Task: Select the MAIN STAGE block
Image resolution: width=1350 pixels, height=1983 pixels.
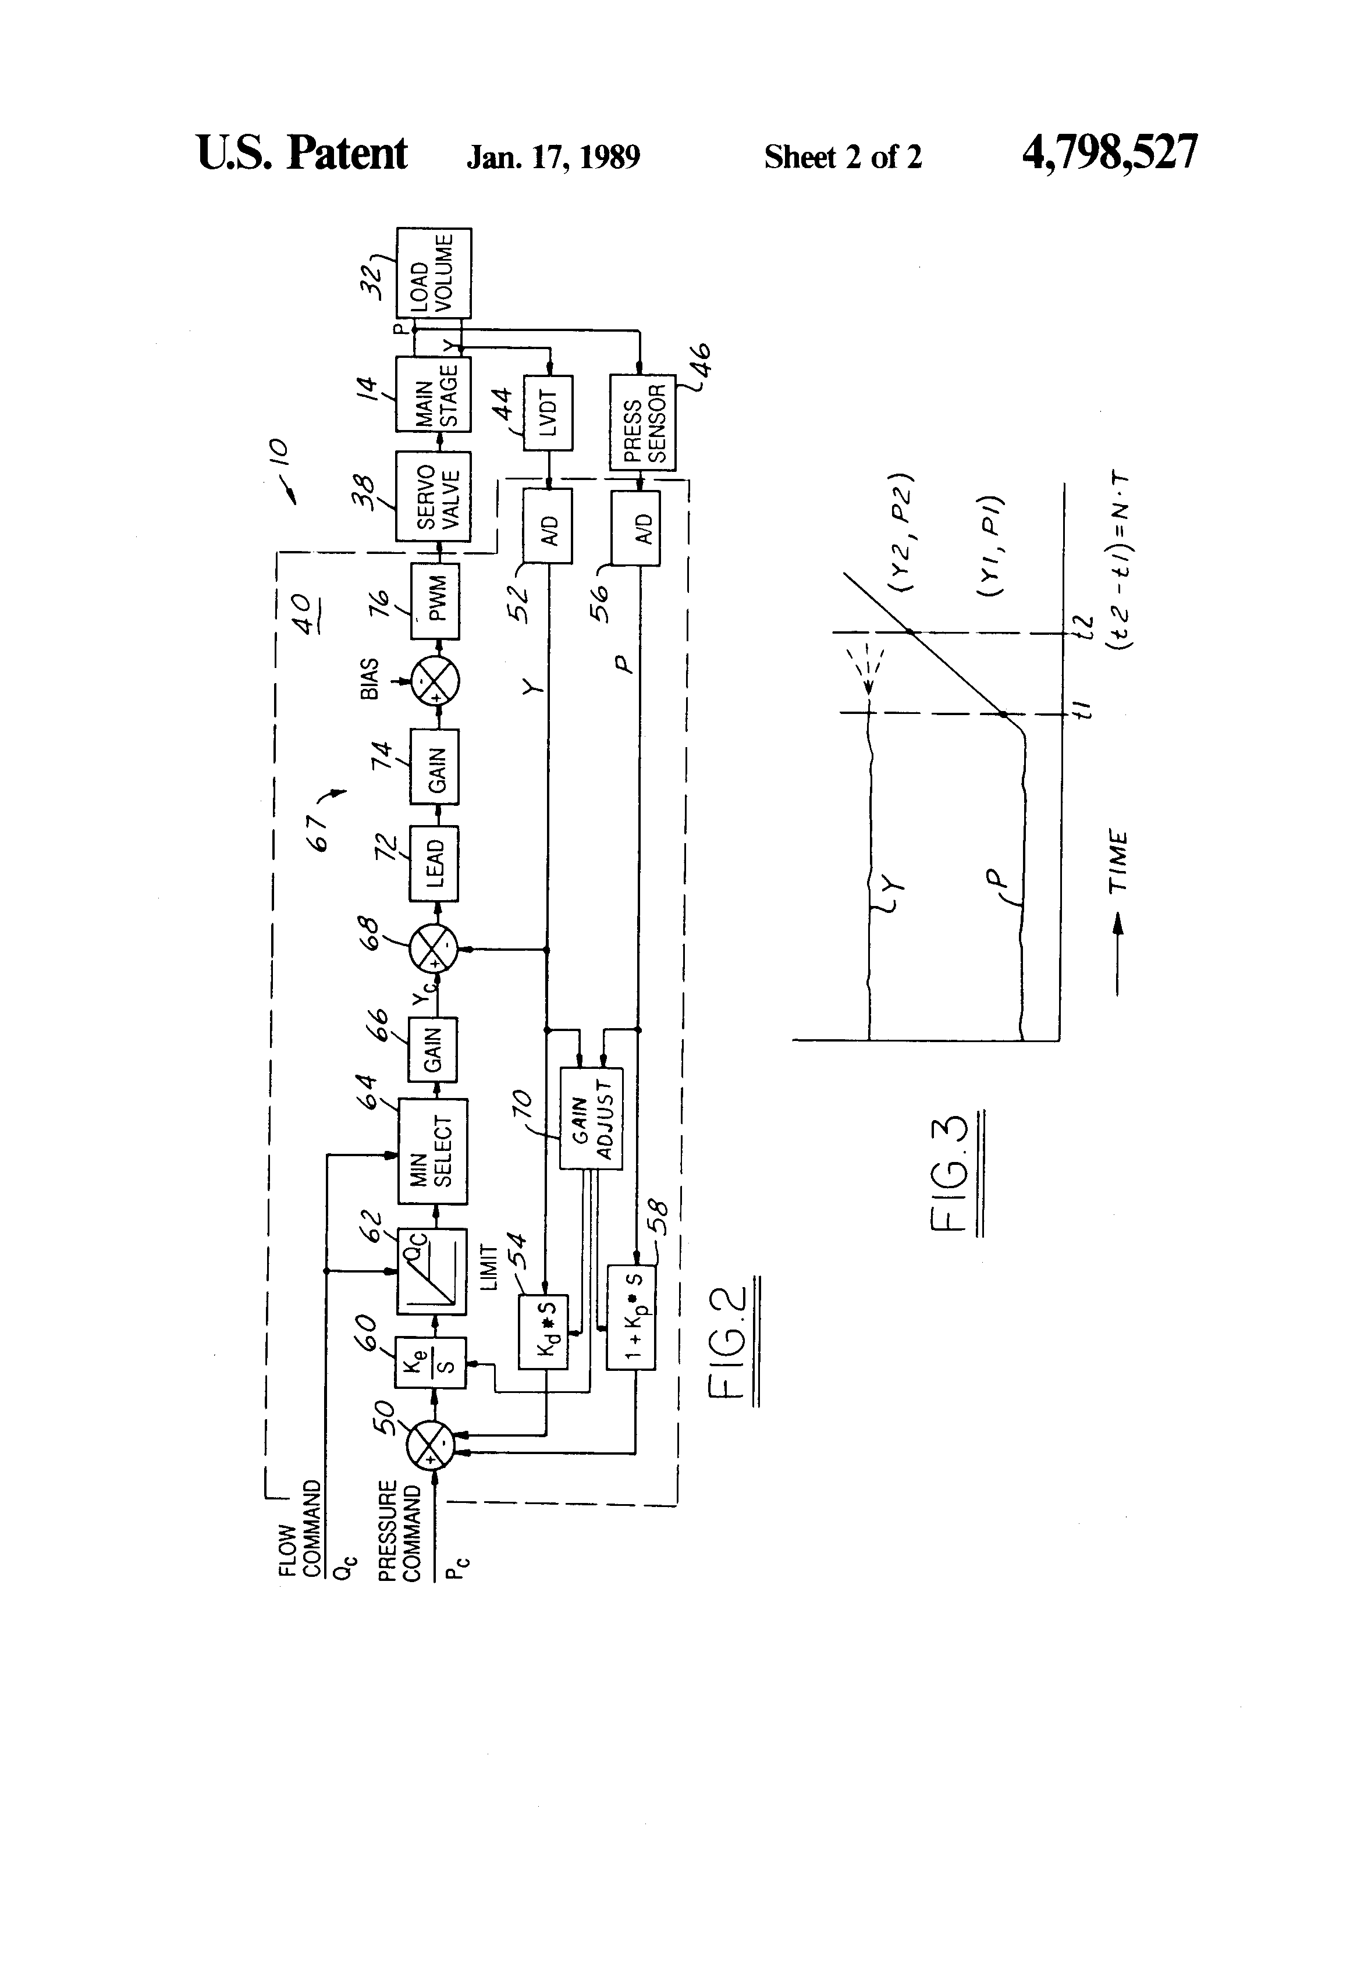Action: [434, 394]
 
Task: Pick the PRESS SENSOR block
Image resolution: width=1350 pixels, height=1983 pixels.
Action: [642, 423]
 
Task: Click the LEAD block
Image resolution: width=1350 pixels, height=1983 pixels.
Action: [434, 863]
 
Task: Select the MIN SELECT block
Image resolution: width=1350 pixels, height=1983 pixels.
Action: [434, 1150]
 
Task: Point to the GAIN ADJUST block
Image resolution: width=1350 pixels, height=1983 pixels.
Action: [591, 1118]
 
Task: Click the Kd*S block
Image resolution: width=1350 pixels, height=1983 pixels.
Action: [543, 1331]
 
